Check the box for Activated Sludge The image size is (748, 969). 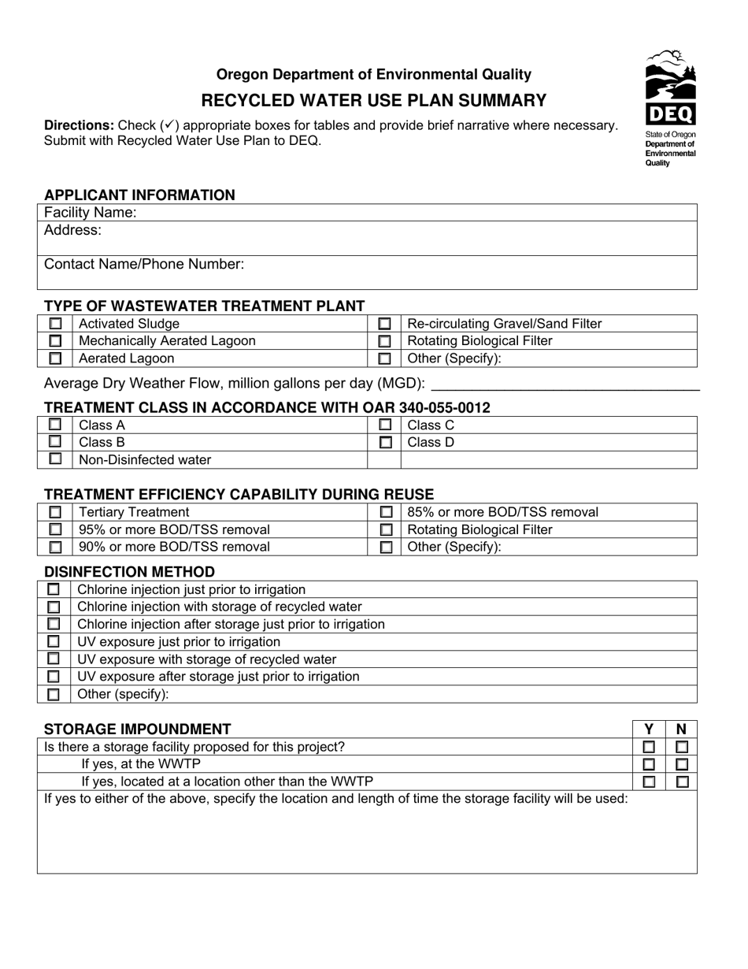point(55,324)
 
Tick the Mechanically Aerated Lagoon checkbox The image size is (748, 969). point(55,341)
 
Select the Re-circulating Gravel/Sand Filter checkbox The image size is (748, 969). point(384,324)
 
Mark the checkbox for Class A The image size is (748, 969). point(55,425)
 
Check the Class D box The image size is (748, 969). point(384,443)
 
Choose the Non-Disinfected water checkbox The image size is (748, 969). point(55,459)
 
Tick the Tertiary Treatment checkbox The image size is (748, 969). point(55,513)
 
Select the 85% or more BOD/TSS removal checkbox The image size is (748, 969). point(384,513)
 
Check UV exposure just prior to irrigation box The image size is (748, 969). point(54,642)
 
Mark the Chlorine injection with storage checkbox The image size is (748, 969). point(54,607)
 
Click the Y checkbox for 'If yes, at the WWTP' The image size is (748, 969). point(650,764)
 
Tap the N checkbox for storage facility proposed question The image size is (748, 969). point(682,747)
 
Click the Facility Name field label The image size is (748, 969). point(91,213)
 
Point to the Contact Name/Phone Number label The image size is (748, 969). point(144,265)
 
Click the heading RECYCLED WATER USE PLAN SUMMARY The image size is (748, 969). point(374,100)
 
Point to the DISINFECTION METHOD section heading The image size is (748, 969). point(129,572)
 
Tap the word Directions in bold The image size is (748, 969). point(79,125)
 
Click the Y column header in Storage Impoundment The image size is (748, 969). point(650,730)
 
